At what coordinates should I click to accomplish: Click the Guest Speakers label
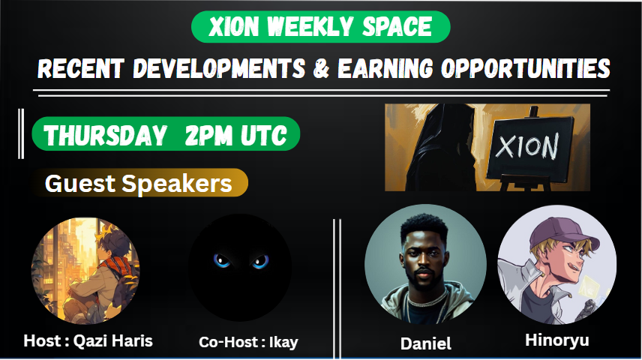tap(139, 183)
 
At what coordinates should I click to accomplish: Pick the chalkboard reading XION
tap(526, 148)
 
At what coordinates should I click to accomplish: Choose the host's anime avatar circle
tap(85, 270)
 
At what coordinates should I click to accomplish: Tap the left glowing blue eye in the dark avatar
tap(222, 261)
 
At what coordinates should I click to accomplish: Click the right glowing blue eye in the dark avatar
tap(259, 261)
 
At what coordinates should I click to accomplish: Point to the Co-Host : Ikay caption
tap(248, 343)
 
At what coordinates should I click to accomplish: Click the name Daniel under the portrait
tap(426, 344)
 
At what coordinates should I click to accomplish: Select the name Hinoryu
tap(556, 340)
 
